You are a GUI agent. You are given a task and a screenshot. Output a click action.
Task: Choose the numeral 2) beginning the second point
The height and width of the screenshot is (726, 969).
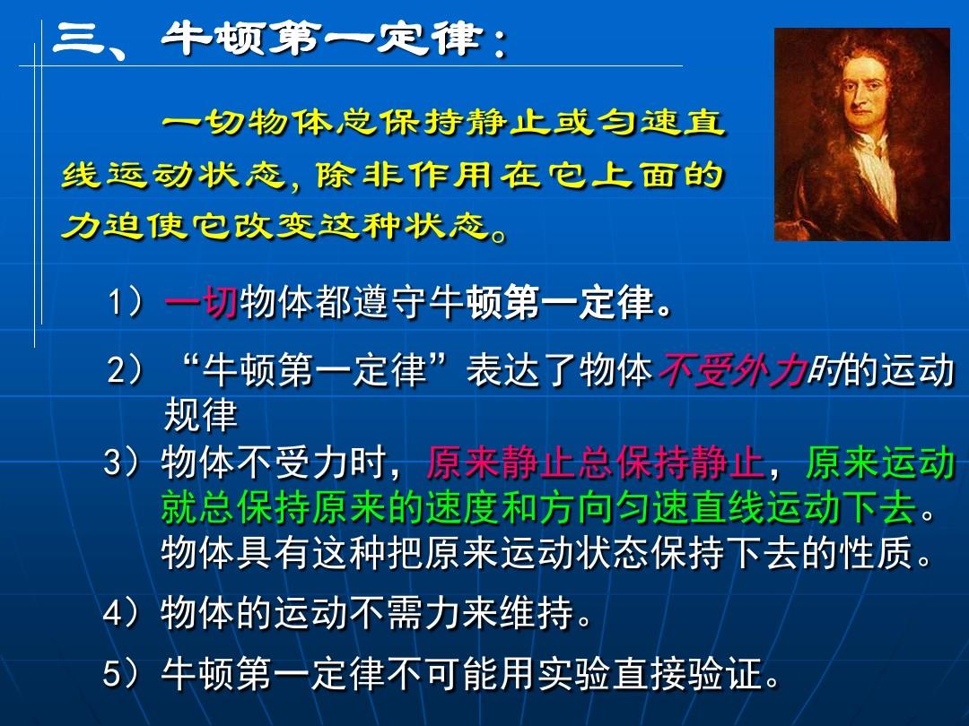127,370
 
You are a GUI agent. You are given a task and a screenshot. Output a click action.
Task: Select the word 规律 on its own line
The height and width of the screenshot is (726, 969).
201,415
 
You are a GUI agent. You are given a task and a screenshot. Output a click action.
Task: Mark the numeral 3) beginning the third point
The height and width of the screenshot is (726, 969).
123,462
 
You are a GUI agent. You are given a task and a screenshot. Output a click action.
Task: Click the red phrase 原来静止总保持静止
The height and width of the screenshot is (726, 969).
595,462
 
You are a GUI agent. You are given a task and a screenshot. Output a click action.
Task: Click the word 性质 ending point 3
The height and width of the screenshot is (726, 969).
877,552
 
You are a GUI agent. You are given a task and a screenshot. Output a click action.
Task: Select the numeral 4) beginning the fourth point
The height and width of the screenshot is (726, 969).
123,613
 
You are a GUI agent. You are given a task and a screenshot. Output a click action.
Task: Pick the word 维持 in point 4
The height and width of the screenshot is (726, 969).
537,612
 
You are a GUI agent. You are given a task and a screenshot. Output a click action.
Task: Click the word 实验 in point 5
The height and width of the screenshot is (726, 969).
574,673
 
